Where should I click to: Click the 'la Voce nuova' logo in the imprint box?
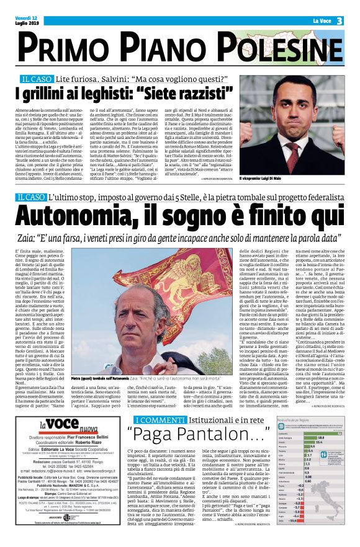pyautogui.click(x=60, y=409)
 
